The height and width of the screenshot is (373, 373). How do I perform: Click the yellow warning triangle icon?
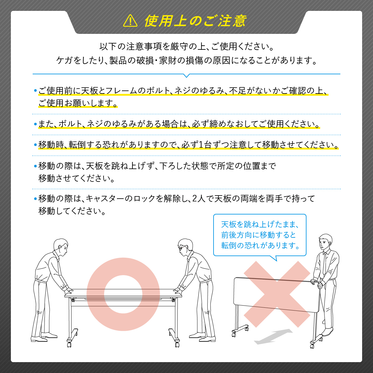coord(130,21)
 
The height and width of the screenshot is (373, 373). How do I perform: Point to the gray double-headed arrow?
coord(273,337)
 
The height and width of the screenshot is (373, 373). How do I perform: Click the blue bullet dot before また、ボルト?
coord(35,124)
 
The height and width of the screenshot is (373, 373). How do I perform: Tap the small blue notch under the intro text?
coord(186,76)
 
